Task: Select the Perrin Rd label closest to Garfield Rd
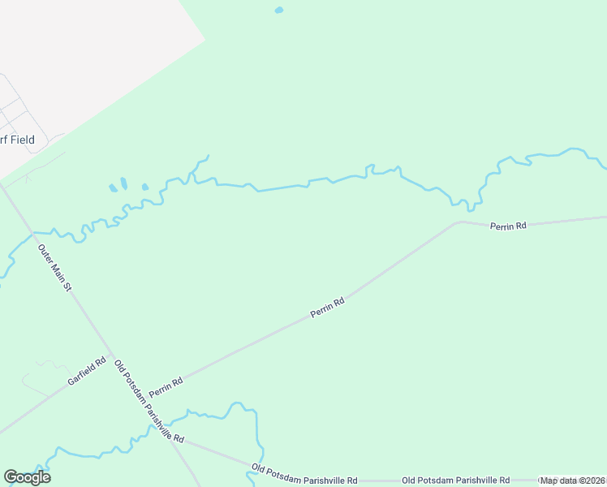pos(166,387)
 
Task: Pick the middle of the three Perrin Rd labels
pos(327,308)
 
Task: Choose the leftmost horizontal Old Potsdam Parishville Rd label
pos(304,474)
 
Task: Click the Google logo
pos(27,477)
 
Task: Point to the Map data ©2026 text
pos(573,481)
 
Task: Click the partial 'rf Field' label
pos(17,140)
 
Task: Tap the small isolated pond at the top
pos(279,11)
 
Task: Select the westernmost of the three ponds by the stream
pos(113,188)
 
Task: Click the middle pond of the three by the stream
pos(124,183)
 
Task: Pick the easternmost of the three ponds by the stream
pos(145,187)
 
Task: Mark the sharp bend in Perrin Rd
pos(459,221)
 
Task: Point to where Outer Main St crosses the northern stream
pos(33,234)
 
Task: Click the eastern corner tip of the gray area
pos(204,38)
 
